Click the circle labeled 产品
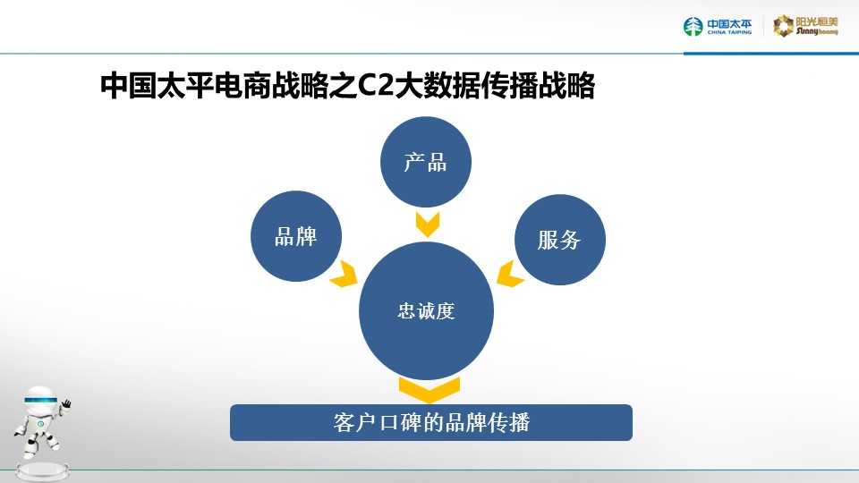[x=426, y=162]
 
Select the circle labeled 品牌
[x=296, y=236]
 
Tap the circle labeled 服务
[x=560, y=240]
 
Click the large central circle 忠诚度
[x=426, y=311]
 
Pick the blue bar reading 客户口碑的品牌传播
[x=431, y=422]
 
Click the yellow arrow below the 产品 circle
[x=428, y=224]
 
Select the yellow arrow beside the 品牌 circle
[x=344, y=274]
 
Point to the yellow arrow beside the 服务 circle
[x=510, y=274]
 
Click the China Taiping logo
[x=718, y=26]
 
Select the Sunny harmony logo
[x=805, y=26]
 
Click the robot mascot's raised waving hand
[x=66, y=404]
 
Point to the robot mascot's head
[x=41, y=401]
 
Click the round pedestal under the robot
[x=42, y=470]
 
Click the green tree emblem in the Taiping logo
[x=693, y=26]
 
